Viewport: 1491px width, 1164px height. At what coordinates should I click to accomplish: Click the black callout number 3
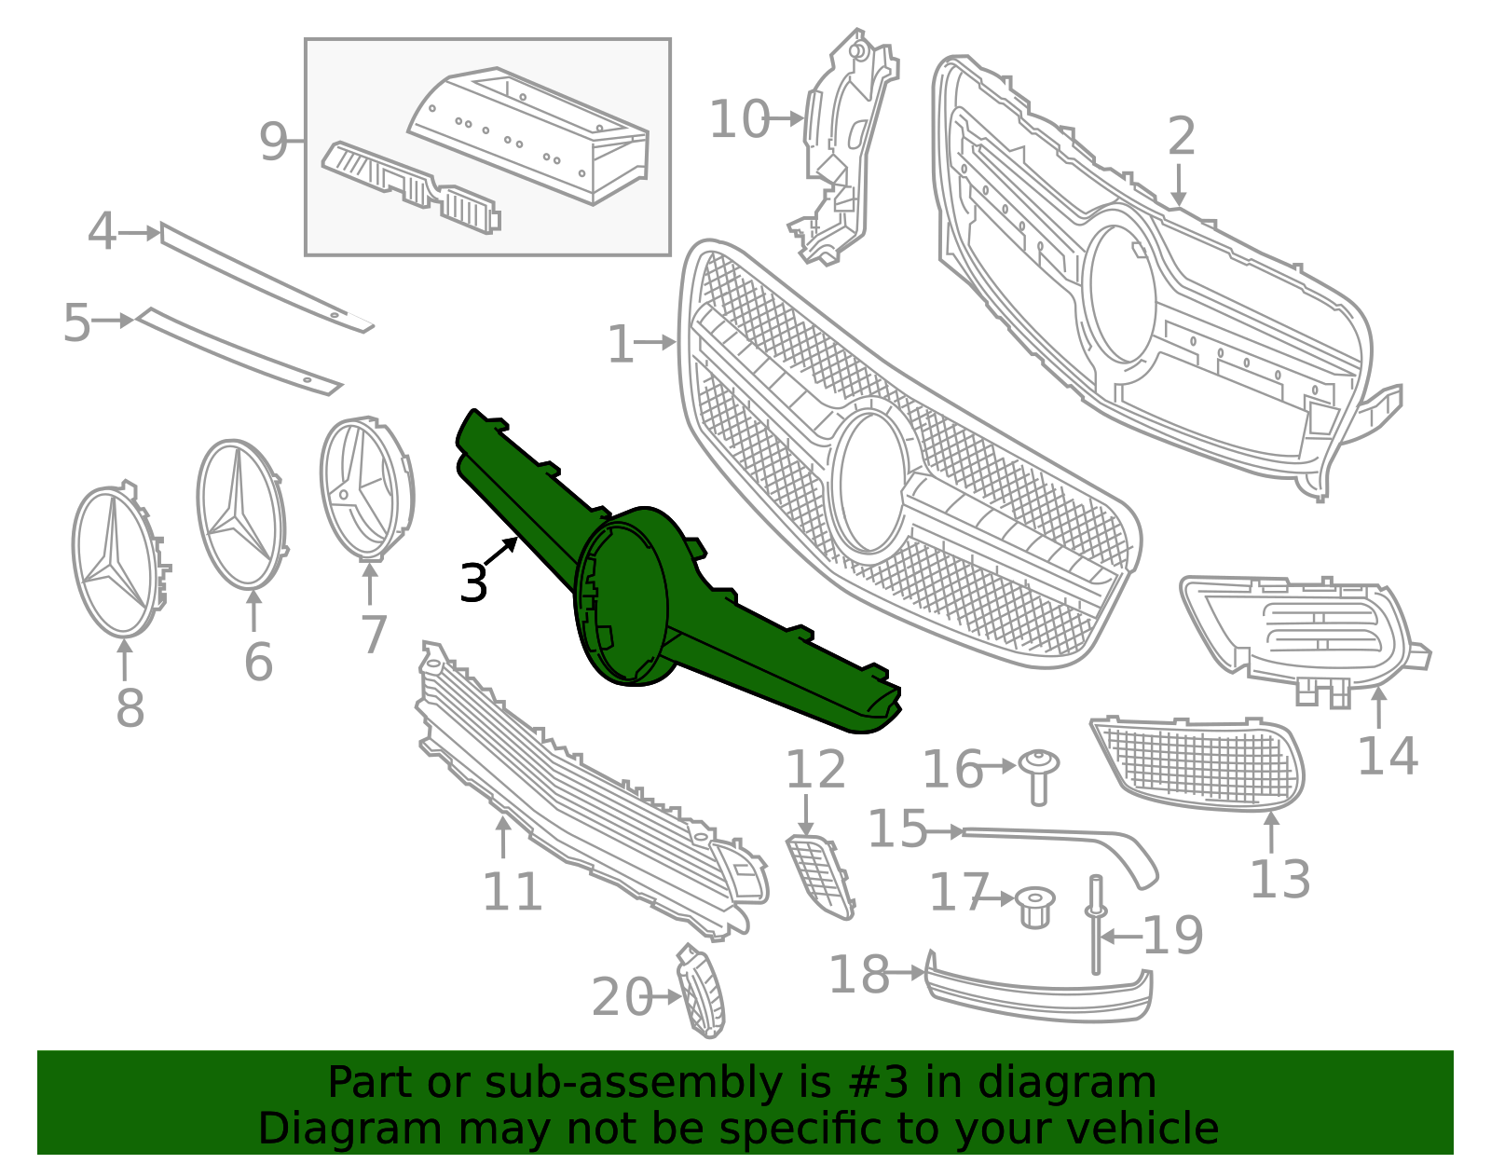click(473, 583)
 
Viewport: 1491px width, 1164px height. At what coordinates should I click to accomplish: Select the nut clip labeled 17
click(1034, 906)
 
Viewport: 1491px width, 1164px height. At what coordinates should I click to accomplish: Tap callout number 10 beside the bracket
click(739, 120)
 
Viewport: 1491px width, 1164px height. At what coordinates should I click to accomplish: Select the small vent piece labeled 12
click(820, 876)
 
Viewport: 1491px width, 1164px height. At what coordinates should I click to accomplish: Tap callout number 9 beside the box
click(273, 142)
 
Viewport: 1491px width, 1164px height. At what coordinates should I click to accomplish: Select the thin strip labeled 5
click(238, 349)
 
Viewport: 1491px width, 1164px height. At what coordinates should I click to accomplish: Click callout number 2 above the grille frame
click(1181, 137)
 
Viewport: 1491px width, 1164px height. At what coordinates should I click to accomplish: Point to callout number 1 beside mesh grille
click(620, 344)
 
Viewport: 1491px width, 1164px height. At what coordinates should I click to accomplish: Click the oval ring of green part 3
click(622, 596)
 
